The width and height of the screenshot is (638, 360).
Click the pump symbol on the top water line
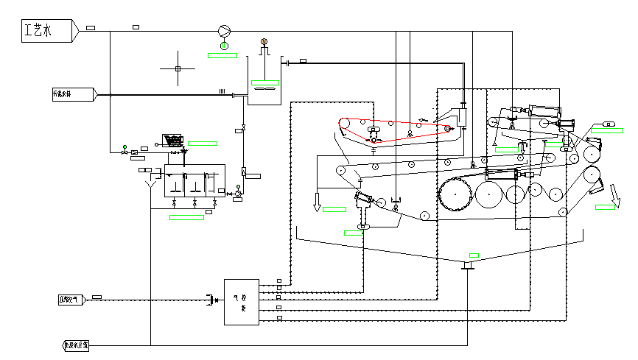[x=225, y=31]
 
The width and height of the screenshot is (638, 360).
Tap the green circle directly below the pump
[x=225, y=46]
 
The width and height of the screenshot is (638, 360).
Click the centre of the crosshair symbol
[x=178, y=69]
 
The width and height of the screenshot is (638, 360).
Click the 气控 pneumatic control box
[x=241, y=302]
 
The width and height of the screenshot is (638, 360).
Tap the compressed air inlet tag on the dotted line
[x=71, y=299]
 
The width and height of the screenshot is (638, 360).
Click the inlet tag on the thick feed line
[x=73, y=94]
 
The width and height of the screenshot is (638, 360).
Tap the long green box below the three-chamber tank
[x=186, y=217]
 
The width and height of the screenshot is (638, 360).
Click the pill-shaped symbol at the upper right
[x=609, y=122]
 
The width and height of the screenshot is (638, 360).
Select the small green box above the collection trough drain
[x=474, y=255]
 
